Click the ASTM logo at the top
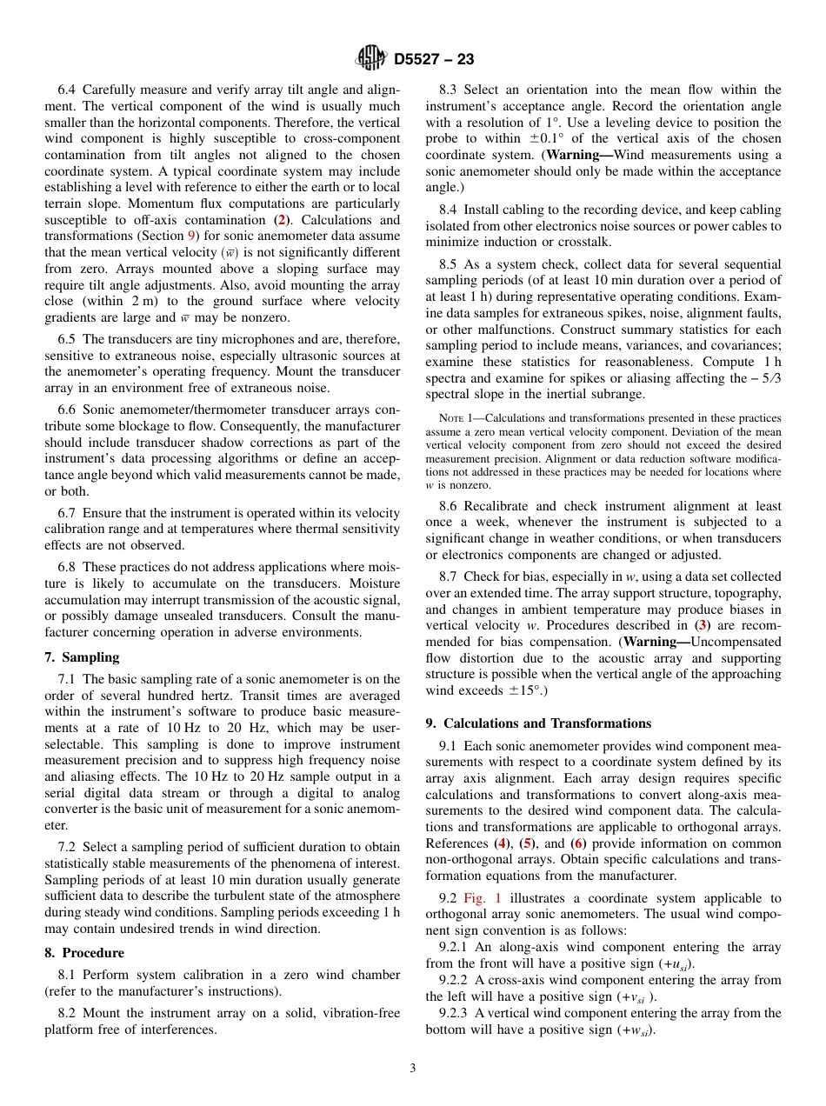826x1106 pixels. (371, 59)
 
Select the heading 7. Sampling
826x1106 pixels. (82, 657)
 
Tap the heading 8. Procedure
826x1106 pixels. (84, 953)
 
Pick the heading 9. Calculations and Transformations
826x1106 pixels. (538, 723)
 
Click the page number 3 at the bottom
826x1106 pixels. (413, 1068)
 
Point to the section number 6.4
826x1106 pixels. (69, 90)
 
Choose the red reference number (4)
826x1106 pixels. (502, 843)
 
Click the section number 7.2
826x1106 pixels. (69, 847)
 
